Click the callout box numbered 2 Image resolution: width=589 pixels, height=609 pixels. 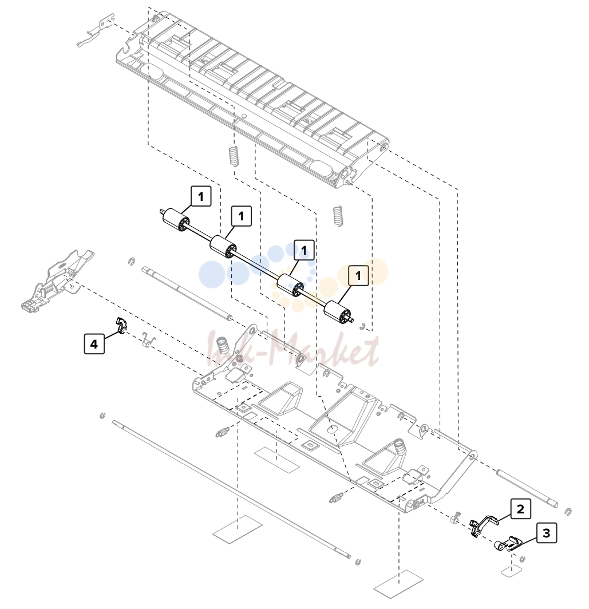click(x=520, y=509)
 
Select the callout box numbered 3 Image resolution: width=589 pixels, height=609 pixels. click(x=546, y=533)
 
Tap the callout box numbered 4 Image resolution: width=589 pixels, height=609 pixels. click(x=94, y=344)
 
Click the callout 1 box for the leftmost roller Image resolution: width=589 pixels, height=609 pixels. click(x=201, y=196)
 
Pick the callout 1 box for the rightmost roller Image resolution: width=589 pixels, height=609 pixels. click(x=358, y=275)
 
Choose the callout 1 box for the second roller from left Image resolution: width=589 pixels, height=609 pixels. click(x=242, y=216)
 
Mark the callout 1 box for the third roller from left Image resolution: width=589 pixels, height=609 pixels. click(x=304, y=250)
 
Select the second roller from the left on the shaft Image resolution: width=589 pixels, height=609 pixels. click(x=223, y=246)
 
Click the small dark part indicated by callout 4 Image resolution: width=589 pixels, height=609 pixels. click(x=121, y=325)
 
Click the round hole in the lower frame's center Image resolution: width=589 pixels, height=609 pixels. click(x=333, y=429)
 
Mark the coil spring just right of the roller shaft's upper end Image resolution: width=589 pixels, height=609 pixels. click(x=338, y=216)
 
